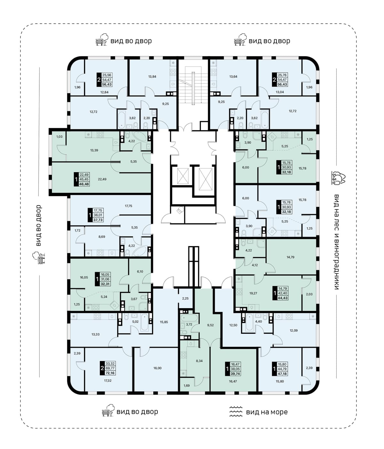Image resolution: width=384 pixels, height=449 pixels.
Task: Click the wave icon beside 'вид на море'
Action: pyautogui.click(x=236, y=411)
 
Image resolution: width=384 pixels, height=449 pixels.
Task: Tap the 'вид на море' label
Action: pyautogui.click(x=267, y=412)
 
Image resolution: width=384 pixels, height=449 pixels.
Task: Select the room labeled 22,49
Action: pyautogui.click(x=102, y=179)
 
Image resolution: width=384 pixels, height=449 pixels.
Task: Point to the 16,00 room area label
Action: pyautogui.click(x=157, y=368)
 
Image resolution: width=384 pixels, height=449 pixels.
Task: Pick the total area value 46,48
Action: pyautogui.click(x=84, y=184)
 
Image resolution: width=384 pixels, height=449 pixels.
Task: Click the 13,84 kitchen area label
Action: pyautogui.click(x=152, y=76)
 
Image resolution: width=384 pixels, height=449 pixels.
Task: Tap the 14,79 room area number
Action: pyautogui.click(x=290, y=257)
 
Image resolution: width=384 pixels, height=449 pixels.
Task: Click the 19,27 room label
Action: pyautogui.click(x=253, y=293)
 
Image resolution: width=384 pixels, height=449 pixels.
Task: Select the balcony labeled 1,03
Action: pyautogui.click(x=59, y=137)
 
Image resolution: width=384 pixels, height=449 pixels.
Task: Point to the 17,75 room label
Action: pyautogui.click(x=128, y=206)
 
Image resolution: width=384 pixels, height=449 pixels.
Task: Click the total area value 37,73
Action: pyautogui.click(x=98, y=220)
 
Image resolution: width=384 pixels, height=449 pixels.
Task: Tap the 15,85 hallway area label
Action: pyautogui.click(x=164, y=322)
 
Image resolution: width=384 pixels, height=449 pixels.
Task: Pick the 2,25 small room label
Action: pyautogui.click(x=185, y=298)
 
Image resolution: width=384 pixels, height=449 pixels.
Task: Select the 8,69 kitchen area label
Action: pyautogui.click(x=102, y=237)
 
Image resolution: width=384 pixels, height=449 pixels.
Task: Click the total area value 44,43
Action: pyautogui.click(x=283, y=298)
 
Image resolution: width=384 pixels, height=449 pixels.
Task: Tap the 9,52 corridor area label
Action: pyautogui.click(x=210, y=325)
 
